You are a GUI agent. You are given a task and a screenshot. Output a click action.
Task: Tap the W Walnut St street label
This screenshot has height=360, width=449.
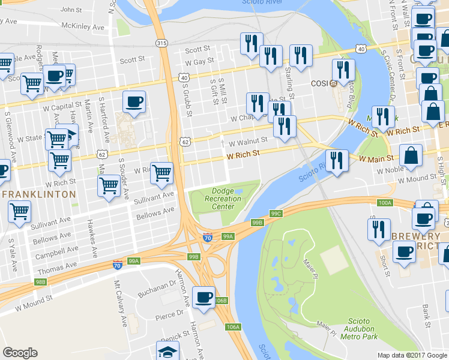coord(247,141)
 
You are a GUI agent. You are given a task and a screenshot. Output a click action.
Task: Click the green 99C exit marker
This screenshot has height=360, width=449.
coord(276,213)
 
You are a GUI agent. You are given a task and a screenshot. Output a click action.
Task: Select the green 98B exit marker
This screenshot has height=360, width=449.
coord(41,281)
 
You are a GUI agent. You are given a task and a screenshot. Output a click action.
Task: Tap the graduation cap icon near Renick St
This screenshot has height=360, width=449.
coord(167,351)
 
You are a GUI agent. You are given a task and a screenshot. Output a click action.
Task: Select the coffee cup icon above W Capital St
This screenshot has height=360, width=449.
coord(134,101)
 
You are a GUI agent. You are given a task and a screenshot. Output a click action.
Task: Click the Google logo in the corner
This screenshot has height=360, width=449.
coord(20,353)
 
